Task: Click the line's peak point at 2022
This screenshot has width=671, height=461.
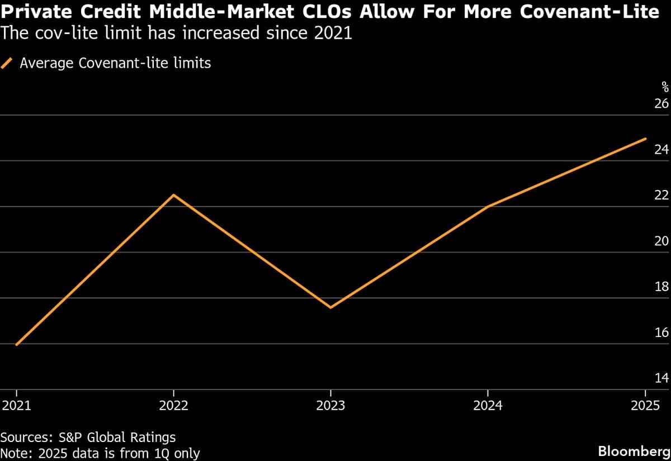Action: point(174,195)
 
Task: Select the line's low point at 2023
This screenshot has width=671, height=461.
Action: point(331,307)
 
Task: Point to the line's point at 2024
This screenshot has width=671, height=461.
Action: point(488,207)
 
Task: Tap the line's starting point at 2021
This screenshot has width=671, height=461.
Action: point(17,345)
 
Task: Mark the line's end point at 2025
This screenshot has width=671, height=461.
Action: point(646,139)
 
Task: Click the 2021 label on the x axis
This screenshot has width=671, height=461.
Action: point(17,406)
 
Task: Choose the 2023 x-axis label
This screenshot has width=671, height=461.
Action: point(331,406)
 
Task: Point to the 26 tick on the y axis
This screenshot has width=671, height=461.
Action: point(661,104)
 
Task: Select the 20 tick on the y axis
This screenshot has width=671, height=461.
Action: point(661,241)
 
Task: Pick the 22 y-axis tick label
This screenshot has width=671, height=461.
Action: point(661,196)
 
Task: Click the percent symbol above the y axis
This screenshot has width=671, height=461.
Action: point(665,87)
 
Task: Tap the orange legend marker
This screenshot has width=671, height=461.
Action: point(7,63)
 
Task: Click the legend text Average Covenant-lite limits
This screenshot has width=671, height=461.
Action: point(115,63)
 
